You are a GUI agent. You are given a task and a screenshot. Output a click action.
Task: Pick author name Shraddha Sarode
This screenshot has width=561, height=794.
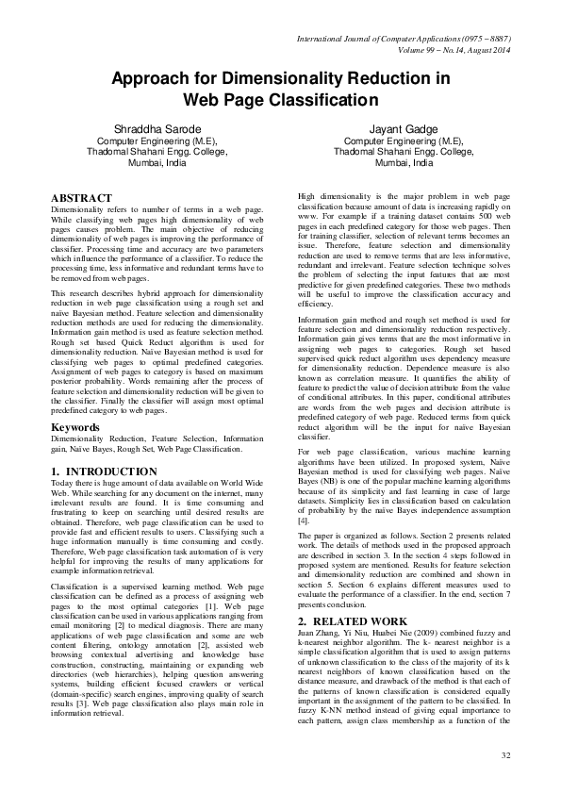(x=151, y=126)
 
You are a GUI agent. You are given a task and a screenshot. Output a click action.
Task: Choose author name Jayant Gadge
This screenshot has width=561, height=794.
(x=404, y=126)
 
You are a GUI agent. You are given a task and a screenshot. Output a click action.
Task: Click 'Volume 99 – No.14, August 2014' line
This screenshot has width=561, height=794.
(x=443, y=50)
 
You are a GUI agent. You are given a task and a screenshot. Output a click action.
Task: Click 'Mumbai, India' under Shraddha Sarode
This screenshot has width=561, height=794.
(x=151, y=162)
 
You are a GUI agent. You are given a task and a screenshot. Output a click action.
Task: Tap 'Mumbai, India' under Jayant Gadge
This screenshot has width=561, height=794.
(x=404, y=162)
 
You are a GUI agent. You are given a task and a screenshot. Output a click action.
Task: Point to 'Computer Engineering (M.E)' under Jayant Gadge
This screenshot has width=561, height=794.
(x=404, y=139)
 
